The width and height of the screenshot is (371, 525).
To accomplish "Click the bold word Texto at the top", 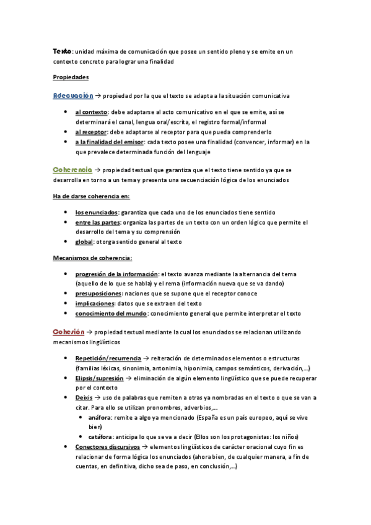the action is click(x=62, y=51).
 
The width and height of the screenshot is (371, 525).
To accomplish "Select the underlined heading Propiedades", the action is click(x=71, y=77).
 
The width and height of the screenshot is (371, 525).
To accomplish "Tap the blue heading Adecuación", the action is click(x=73, y=96).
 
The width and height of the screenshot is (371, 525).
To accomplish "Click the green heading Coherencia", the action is click(x=73, y=169).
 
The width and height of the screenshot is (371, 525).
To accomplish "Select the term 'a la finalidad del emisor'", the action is click(x=108, y=142).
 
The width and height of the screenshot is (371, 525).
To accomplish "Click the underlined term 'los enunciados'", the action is click(x=97, y=212).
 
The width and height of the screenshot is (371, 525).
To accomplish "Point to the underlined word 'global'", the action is click(x=84, y=241).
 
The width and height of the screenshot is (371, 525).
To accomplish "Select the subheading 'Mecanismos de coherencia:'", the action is click(x=92, y=258).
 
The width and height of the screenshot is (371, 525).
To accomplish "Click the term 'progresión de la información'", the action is click(x=116, y=274).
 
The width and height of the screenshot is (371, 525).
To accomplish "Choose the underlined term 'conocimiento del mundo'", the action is click(x=110, y=313).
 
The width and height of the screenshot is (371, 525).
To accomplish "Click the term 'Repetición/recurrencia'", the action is click(x=108, y=358).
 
